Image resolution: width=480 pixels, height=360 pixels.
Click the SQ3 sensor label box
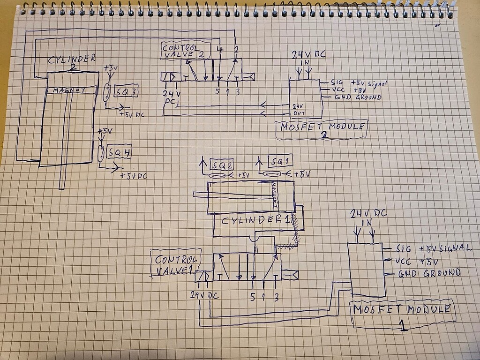coord(126,92)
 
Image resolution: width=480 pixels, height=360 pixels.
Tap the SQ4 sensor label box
coord(119,152)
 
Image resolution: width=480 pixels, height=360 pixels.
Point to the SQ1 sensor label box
coord(280,161)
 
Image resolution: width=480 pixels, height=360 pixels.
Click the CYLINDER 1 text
coord(255,220)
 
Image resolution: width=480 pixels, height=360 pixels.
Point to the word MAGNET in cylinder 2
coord(69,90)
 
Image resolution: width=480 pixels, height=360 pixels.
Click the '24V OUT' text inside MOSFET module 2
coord(298,110)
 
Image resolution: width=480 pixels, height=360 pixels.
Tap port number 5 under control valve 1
coord(253,296)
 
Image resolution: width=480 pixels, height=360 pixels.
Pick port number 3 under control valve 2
coord(237,91)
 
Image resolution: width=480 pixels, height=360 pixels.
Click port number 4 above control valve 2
coord(220,49)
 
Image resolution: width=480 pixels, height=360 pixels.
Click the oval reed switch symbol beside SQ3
coord(107,92)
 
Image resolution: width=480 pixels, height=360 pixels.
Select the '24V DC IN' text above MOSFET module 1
coord(368,218)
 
